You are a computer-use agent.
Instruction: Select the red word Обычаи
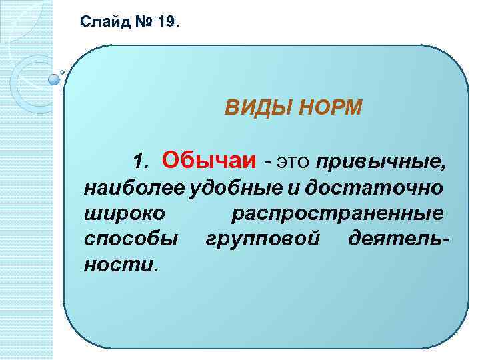(x=209, y=160)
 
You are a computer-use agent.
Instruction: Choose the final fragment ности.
(x=122, y=265)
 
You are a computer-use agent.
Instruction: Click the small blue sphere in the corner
(x=54, y=79)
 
